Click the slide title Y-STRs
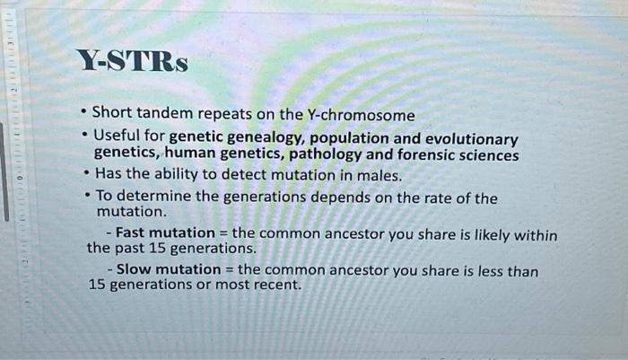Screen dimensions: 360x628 pos(132,62)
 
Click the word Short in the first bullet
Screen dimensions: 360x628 pos(112,116)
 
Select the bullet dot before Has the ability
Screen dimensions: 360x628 pos(83,174)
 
